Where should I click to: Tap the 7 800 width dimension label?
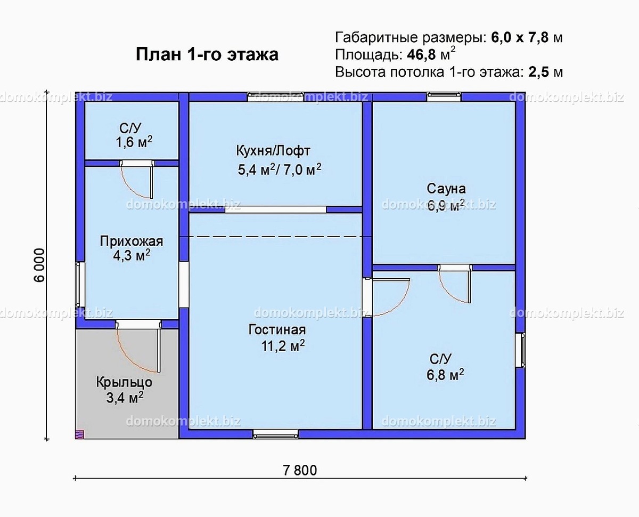coord(300,470)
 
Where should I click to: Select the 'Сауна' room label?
coord(446,189)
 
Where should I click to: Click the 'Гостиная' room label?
coord(276,329)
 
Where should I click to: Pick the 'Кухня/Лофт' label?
coord(273,150)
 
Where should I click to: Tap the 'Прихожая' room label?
coord(132,241)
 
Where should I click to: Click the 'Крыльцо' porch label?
coord(124,382)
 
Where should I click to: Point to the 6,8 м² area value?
coord(445,375)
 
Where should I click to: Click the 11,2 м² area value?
coord(283,346)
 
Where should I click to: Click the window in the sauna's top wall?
coord(444,96)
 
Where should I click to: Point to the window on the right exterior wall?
coord(521,350)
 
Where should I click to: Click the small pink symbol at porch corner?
coord(79,434)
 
